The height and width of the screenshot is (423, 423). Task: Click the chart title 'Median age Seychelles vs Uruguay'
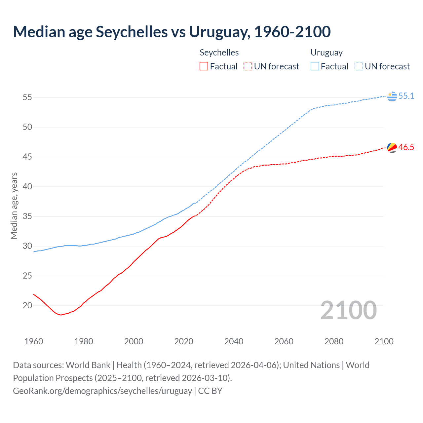click(172, 32)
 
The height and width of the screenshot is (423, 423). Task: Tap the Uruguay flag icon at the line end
click(392, 96)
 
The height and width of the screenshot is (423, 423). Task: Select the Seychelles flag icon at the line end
click(392, 147)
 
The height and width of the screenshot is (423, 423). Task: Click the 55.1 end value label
click(406, 96)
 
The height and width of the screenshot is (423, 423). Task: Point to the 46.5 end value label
click(406, 147)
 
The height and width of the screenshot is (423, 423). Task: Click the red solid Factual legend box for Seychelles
click(204, 66)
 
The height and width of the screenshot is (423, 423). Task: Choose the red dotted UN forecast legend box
click(248, 66)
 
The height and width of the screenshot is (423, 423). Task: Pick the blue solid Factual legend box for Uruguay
click(315, 66)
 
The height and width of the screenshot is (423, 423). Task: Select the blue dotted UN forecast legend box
click(359, 66)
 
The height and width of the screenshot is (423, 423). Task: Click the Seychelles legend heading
click(219, 53)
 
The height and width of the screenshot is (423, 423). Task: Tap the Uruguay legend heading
click(327, 53)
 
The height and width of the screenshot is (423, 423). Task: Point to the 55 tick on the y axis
click(27, 97)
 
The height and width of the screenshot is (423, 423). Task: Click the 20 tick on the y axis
click(27, 306)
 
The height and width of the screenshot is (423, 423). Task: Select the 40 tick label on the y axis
click(27, 187)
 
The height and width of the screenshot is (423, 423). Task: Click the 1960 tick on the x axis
click(34, 341)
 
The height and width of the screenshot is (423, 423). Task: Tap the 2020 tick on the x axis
click(184, 341)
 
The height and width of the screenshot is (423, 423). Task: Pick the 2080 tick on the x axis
click(334, 341)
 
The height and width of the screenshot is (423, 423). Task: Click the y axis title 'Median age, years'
click(14, 206)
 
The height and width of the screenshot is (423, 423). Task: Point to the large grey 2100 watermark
click(348, 310)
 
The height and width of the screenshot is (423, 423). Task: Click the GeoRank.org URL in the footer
click(102, 391)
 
